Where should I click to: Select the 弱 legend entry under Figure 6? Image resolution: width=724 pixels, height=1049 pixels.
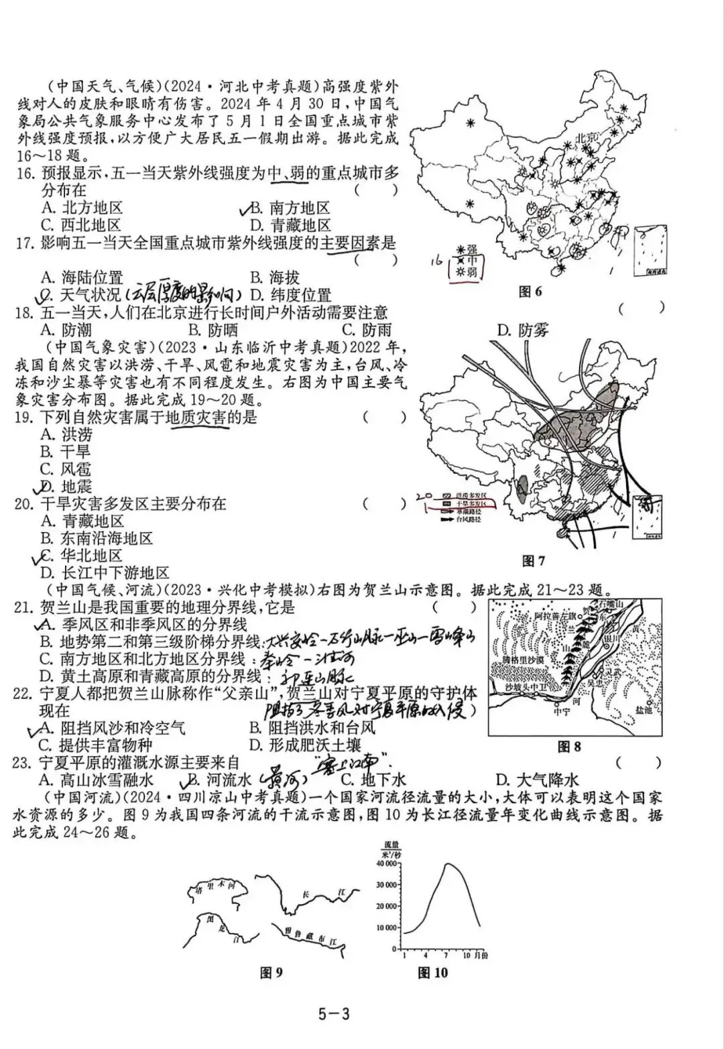pos(472,272)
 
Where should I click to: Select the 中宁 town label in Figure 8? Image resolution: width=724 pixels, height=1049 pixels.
pos(561,712)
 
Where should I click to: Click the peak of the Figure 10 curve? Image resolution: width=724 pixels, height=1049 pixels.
pos(448,865)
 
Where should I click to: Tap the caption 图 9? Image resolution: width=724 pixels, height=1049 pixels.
pos(271,973)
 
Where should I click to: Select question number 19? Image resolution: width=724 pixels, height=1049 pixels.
pos(24,418)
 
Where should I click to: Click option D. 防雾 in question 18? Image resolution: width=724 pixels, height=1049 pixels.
pos(523,330)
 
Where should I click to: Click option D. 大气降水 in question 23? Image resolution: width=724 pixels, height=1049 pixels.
pos(537,780)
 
